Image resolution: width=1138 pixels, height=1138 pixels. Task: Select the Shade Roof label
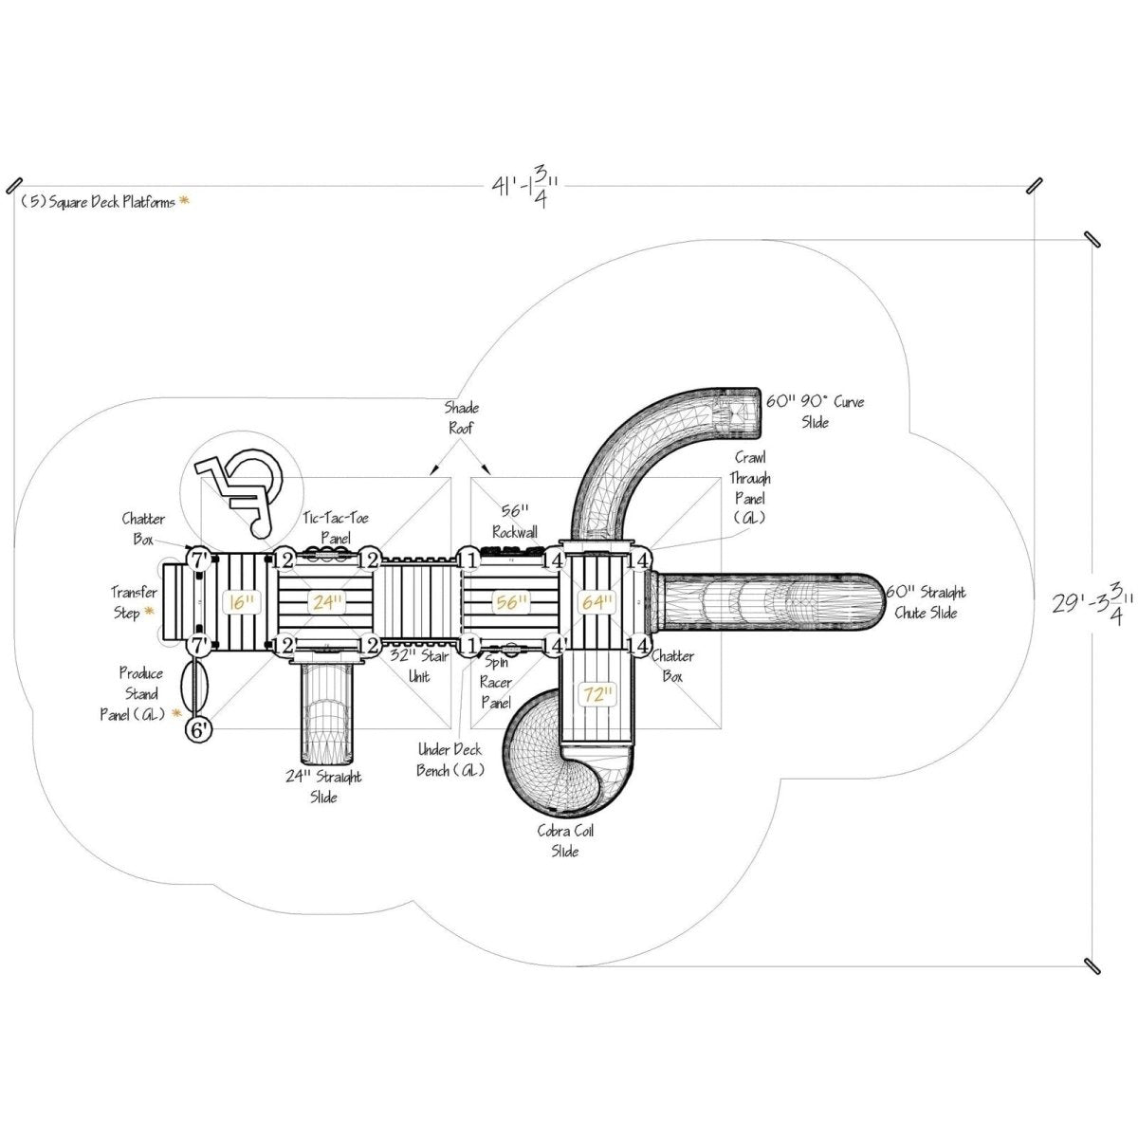pyautogui.click(x=462, y=417)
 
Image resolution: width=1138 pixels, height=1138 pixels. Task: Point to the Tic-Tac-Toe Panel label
pyautogui.click(x=336, y=528)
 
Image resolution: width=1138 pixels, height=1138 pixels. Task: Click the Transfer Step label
pyautogui.click(x=133, y=603)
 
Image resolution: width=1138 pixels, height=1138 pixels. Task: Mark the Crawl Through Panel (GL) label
pyautogui.click(x=750, y=487)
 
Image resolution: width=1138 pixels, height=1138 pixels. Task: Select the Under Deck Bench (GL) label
pyautogui.click(x=450, y=760)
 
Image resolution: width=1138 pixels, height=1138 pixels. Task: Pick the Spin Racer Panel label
pyautogui.click(x=496, y=683)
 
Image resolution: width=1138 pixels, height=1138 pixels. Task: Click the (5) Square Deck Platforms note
pyautogui.click(x=99, y=202)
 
